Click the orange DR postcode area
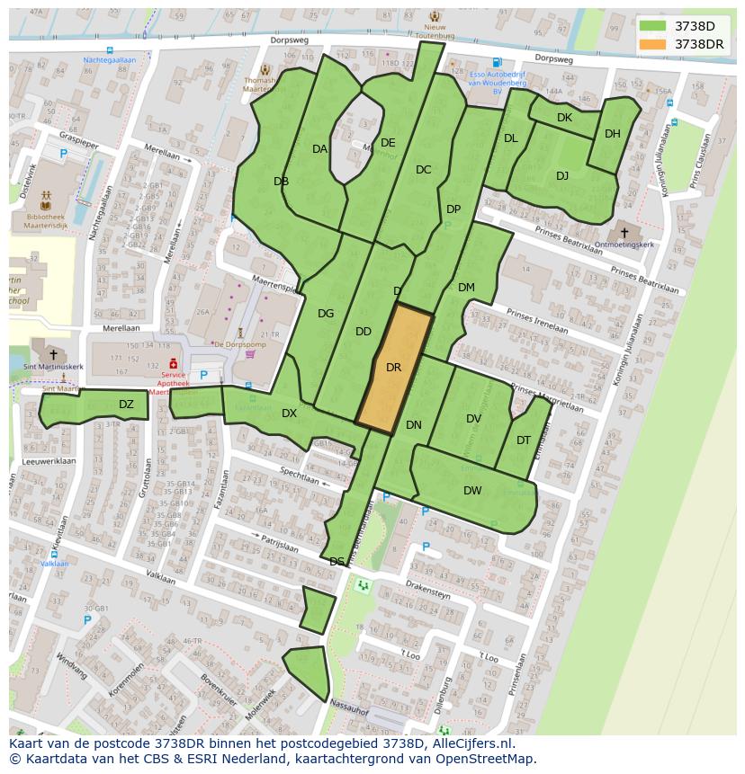(394, 369)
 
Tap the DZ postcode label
(126, 405)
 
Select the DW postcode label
(472, 491)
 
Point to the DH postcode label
(613, 134)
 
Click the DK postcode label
(564, 118)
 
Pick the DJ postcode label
(562, 176)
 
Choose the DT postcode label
(524, 440)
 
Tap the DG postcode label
(326, 314)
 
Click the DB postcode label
(281, 182)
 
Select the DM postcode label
(466, 288)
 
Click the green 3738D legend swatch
(653, 26)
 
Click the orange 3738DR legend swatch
(653, 44)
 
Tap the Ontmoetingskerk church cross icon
(624, 233)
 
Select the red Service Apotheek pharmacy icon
(173, 362)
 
